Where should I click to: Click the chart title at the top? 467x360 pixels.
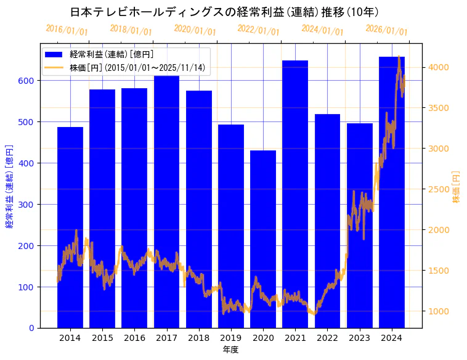224,12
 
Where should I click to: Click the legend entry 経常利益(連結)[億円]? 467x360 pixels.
111,55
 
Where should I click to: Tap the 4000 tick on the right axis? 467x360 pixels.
439,67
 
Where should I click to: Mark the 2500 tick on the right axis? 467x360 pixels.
439,189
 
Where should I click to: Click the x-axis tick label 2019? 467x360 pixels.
231,338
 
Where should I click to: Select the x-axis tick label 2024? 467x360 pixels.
392,338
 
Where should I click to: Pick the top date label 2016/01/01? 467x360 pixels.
67,30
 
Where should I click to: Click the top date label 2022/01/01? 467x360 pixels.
258,30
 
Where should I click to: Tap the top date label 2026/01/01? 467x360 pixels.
386,30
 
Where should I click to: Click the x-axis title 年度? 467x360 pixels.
230,350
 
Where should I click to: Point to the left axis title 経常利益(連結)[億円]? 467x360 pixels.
9,186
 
